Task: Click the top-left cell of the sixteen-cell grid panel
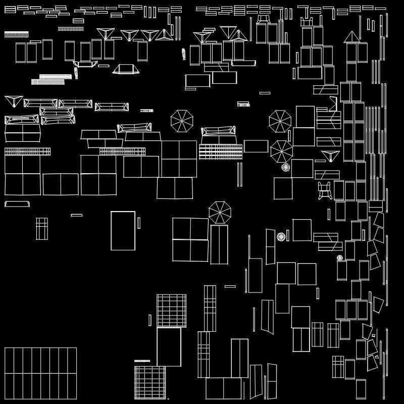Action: (9, 361)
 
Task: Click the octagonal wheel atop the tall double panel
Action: (220, 212)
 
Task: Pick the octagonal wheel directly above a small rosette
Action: (281, 151)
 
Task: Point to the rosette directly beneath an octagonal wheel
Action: (285, 167)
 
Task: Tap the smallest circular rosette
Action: (340, 258)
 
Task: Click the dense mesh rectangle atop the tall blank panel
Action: (171, 311)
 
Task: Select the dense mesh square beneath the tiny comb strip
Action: (150, 382)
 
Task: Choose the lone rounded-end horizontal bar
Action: (17, 204)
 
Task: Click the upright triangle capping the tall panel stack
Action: (351, 37)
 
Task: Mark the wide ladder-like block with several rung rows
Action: (221, 151)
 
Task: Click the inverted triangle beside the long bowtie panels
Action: (14, 100)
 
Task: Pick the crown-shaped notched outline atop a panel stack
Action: (307, 22)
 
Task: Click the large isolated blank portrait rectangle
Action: (123, 230)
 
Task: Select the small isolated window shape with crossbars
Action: (41, 228)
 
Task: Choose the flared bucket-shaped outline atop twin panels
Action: (263, 19)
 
